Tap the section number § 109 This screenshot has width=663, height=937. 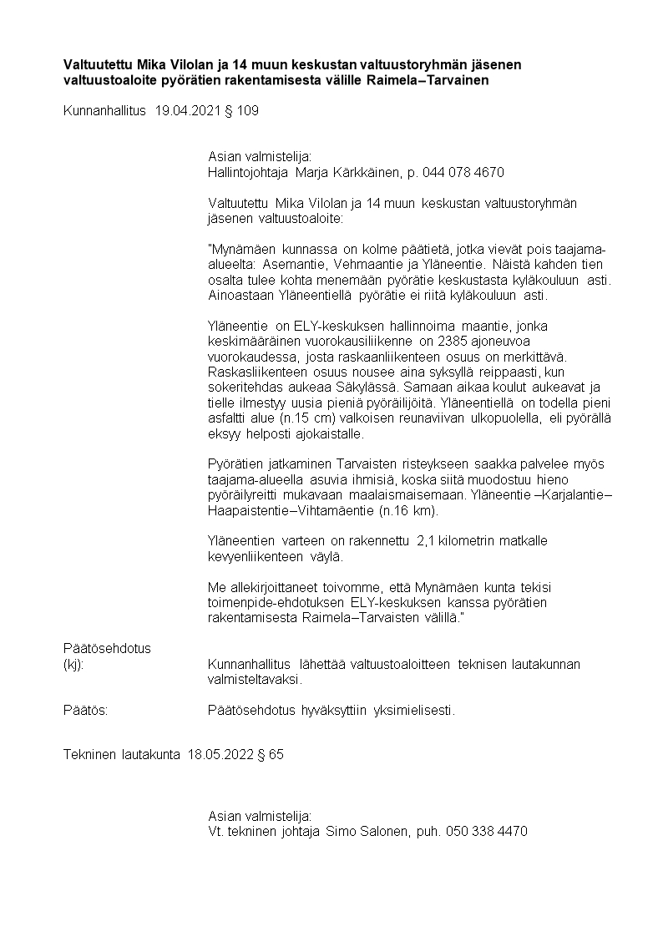point(242,110)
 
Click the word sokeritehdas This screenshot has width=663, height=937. point(243,387)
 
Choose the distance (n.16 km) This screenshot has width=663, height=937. point(407,510)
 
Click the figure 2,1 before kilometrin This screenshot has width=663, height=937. point(426,541)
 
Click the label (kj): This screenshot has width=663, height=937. point(74,664)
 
